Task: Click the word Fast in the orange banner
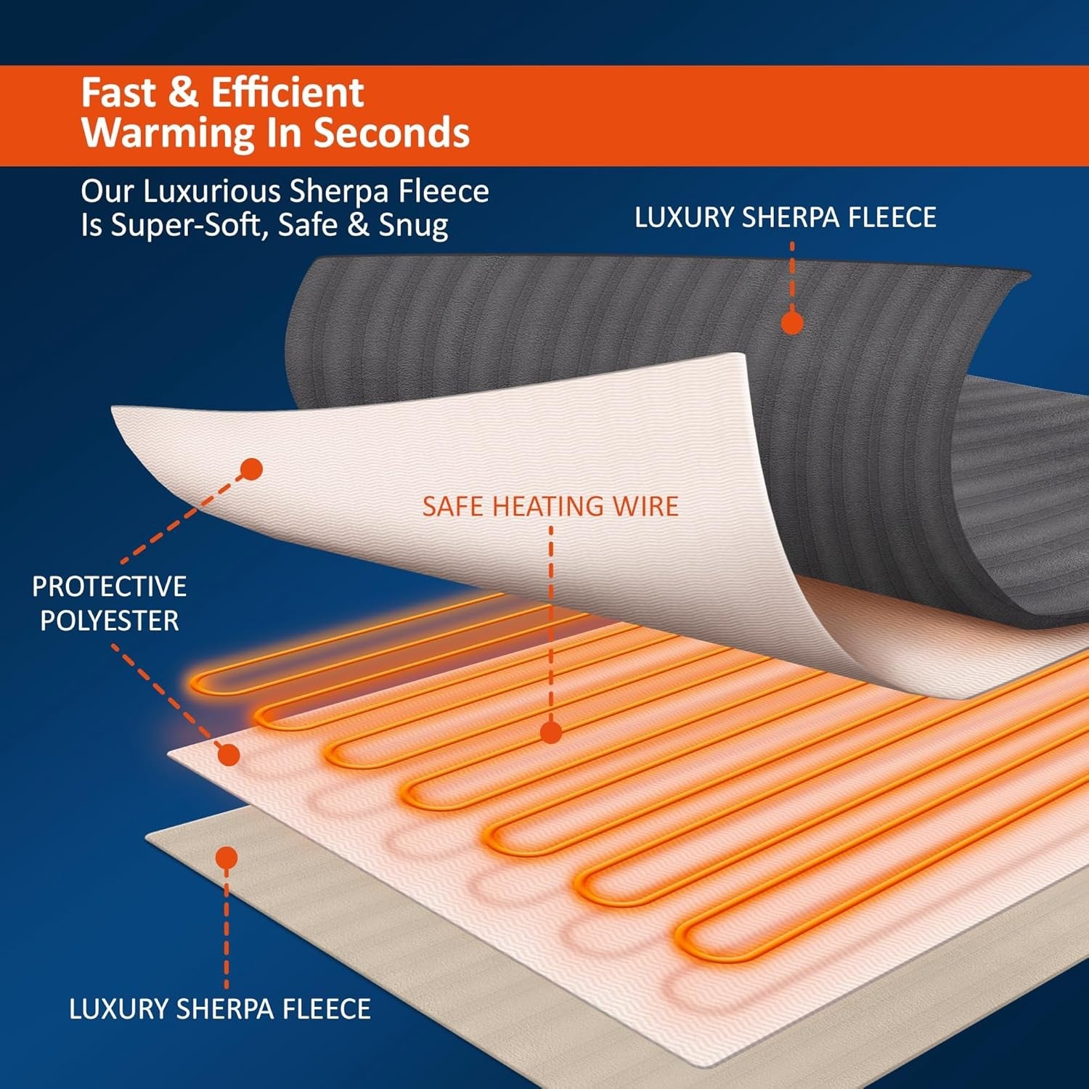tap(118, 93)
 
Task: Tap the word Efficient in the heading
tap(287, 93)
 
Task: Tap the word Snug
tap(413, 225)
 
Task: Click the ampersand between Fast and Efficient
tap(183, 93)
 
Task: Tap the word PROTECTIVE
tap(110, 587)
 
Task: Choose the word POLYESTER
tap(110, 621)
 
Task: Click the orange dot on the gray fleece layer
tap(792, 322)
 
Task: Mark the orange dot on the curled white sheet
tap(251, 469)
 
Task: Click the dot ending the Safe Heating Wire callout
tap(551, 733)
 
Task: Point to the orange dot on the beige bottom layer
tap(227, 857)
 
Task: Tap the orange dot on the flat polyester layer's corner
tap(229, 755)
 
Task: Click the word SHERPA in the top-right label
tap(789, 218)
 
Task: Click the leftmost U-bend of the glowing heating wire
tap(197, 683)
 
